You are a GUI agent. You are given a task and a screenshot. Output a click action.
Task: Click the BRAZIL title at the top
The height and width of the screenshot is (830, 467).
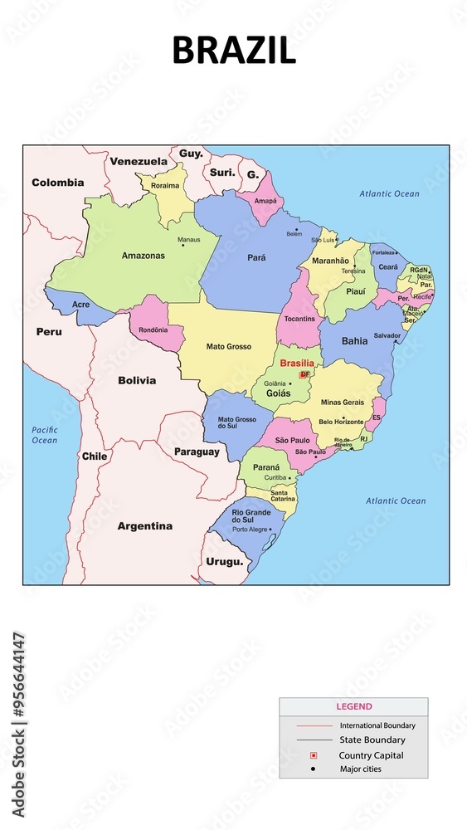pos(233,51)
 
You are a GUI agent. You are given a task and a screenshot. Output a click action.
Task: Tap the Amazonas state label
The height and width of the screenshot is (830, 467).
pos(143,256)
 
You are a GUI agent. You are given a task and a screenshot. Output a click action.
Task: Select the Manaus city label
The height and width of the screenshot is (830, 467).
pos(188,240)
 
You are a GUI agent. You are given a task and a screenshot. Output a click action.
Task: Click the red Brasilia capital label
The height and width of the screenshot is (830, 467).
pos(296,364)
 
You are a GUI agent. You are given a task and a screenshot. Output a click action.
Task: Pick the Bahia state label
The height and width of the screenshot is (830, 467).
pos(354,341)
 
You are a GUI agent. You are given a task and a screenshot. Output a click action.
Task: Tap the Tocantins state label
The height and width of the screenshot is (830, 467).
pos(299,319)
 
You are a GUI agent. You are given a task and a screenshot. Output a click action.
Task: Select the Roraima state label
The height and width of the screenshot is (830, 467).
pos(164,186)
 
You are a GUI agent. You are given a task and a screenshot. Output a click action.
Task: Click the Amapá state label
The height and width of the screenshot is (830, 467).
pos(265,201)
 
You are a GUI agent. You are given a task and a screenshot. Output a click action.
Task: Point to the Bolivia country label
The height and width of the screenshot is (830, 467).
pos(137,381)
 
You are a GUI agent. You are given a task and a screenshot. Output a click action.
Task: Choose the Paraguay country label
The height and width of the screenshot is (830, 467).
pos(197,452)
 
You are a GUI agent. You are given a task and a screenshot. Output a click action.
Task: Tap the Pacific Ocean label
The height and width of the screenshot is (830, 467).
pos(45,435)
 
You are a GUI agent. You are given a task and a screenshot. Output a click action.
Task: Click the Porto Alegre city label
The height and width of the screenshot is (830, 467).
pos(250,529)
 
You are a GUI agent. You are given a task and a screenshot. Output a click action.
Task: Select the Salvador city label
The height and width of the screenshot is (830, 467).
pos(387,335)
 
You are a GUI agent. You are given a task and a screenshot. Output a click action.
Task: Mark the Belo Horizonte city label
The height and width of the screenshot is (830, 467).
pos(342,422)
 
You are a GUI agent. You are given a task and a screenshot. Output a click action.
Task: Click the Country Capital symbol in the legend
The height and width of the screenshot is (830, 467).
pos(314,755)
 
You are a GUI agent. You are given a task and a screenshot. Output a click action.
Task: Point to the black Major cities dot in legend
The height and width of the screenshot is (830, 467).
pos(314,769)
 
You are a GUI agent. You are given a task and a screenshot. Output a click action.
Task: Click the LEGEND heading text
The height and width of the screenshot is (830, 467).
pos(353,707)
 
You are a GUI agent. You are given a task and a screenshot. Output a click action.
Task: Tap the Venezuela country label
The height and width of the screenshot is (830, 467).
pos(139,161)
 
